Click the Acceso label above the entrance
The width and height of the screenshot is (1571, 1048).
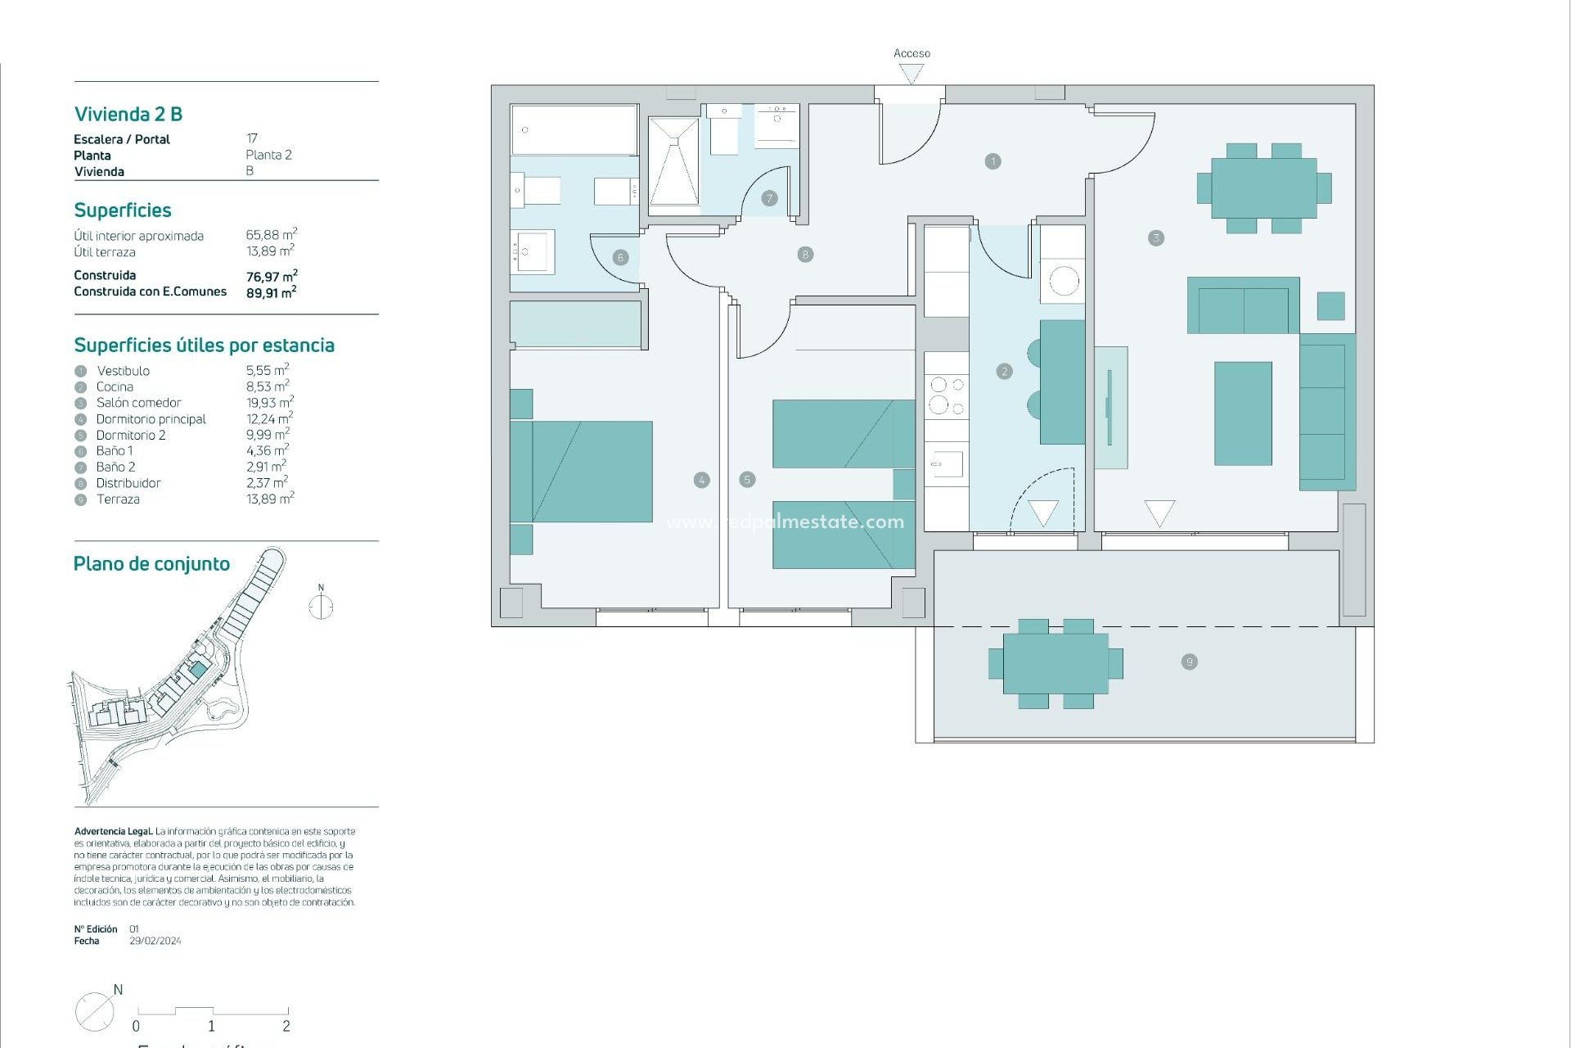(912, 53)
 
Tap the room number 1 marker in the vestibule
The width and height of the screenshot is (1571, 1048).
(993, 161)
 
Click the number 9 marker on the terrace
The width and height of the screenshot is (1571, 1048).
(1189, 662)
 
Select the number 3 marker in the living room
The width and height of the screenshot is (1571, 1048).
(1155, 238)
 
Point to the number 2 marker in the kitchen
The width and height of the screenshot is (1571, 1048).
(1005, 372)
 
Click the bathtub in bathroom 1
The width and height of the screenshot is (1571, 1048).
(574, 129)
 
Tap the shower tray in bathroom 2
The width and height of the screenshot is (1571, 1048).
(673, 161)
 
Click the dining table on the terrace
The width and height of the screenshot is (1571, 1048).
(1056, 663)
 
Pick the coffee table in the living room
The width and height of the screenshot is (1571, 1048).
(1242, 413)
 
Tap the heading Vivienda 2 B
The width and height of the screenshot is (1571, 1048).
(128, 114)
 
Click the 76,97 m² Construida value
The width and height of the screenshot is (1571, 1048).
(271, 277)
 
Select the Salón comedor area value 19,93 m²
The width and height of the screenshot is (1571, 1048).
(269, 403)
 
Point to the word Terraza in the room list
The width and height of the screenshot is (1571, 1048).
(118, 499)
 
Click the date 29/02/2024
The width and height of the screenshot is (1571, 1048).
(155, 942)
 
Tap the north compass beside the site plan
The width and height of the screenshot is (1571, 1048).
(321, 606)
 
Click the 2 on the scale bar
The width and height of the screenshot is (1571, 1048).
(286, 1026)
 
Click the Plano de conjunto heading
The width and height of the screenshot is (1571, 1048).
(151, 564)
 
